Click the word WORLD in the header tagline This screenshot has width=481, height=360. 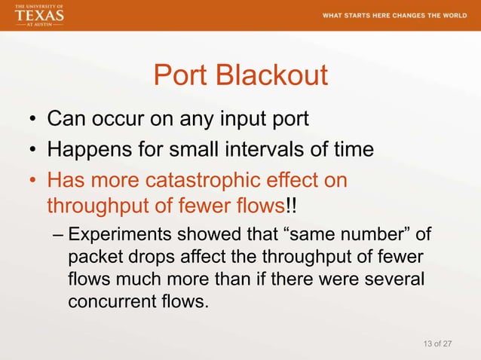point(449,17)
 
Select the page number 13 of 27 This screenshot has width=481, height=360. point(438,344)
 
